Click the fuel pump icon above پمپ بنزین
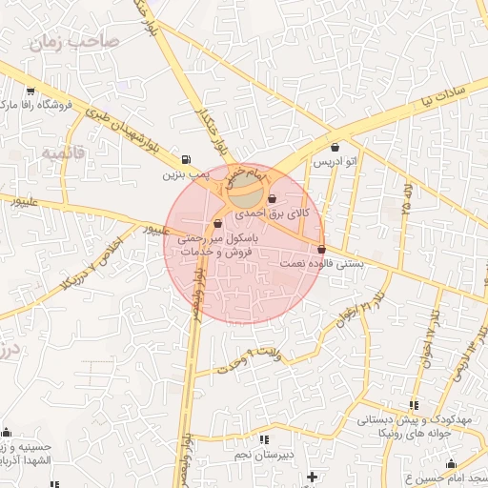point(184,160)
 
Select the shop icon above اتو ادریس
point(335,147)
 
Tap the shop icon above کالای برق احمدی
point(274,199)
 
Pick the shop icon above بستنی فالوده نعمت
point(321,249)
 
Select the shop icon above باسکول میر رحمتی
point(218,223)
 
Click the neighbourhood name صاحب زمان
point(72,41)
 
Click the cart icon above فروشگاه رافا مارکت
point(30,91)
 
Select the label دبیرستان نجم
point(263,454)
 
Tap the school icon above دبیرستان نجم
point(264,439)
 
